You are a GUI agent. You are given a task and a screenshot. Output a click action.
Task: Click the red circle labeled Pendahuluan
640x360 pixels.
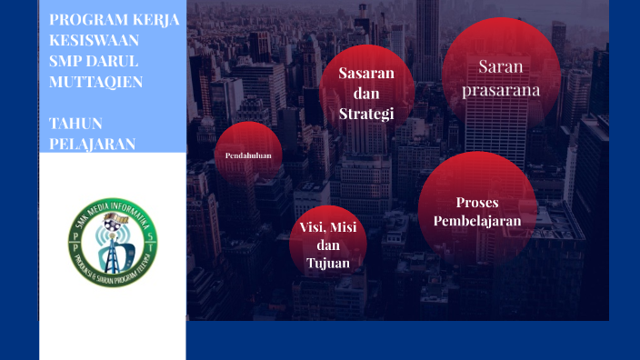tap(248, 155)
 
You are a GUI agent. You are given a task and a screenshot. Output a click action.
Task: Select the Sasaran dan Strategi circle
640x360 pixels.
tap(366, 93)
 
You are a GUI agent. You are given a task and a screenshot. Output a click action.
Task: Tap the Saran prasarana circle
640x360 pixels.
tap(500, 77)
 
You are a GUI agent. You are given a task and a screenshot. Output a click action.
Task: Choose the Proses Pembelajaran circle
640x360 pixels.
tap(477, 212)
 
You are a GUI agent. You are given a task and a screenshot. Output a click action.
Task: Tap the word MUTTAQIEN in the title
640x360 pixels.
tap(95, 82)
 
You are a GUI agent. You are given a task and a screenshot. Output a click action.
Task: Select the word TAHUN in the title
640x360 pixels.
tap(75, 123)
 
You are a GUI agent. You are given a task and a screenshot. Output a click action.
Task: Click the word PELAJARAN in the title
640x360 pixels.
tap(92, 144)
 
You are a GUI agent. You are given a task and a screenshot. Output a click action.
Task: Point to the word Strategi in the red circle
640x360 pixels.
tap(365, 114)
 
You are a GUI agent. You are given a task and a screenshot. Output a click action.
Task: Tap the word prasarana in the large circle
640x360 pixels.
tap(500, 90)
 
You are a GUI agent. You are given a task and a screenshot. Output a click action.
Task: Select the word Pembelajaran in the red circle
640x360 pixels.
tap(477, 221)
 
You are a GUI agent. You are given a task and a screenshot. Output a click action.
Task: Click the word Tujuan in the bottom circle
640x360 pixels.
tap(328, 263)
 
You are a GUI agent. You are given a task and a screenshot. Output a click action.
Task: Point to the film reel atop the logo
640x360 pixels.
tap(112, 219)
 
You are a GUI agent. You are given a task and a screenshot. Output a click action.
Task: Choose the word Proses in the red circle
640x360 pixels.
tap(477, 202)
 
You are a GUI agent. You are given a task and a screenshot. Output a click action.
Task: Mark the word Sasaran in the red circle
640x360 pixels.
tap(365, 73)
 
